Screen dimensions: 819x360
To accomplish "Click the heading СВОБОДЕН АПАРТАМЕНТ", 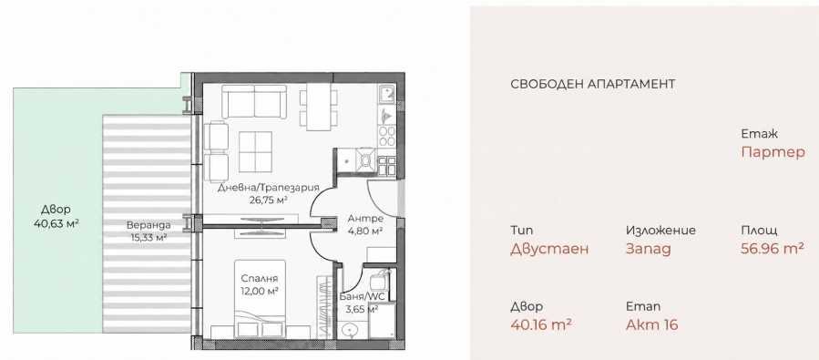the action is tap(592, 84).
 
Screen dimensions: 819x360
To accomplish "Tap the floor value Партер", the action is tap(773, 152).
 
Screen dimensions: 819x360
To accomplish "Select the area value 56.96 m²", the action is tap(773, 249).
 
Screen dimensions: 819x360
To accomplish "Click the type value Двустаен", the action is tap(549, 249).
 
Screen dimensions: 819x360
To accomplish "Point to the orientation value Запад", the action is tap(649, 249).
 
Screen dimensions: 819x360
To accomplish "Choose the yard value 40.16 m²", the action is tap(541, 324).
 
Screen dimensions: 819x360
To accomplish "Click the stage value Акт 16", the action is tap(652, 324).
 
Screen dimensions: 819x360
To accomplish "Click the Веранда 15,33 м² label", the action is tap(148, 231).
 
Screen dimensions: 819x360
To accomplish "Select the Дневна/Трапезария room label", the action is tap(269, 188).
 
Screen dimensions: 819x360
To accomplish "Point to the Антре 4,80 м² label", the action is tap(365, 223).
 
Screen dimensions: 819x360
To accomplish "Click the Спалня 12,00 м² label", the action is tap(259, 284).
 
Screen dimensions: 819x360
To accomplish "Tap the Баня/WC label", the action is tap(362, 297).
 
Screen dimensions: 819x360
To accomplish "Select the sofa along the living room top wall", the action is tap(254, 101).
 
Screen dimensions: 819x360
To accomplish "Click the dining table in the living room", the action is tap(318, 108).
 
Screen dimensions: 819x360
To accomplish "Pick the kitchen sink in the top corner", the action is tap(387, 95).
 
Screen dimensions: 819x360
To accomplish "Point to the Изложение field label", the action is tap(660, 231).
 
